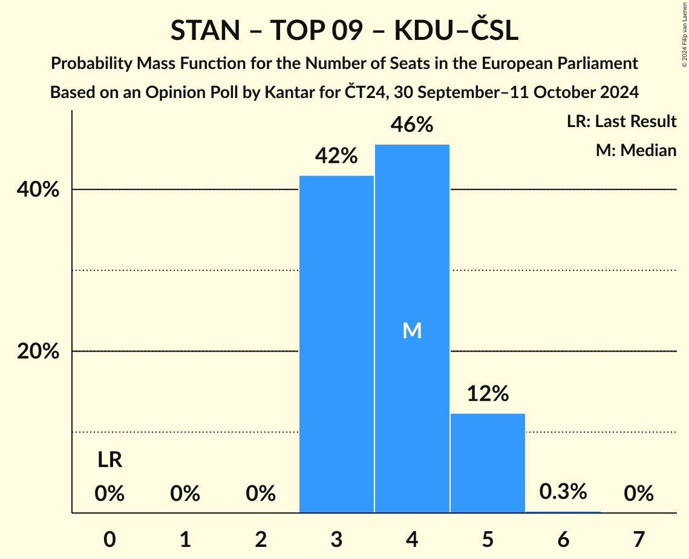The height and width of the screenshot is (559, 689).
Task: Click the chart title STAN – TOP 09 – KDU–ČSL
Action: click(344, 30)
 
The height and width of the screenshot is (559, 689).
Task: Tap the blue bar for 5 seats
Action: click(488, 463)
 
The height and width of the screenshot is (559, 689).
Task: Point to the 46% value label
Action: click(412, 125)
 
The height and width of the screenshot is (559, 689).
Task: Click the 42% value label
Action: click(336, 157)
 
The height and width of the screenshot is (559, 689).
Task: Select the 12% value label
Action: click(488, 394)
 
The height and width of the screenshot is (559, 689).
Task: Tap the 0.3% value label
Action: click(563, 492)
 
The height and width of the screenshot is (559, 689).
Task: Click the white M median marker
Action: click(412, 330)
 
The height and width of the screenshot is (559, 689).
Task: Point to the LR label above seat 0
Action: click(109, 461)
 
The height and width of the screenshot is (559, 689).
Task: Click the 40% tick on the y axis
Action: click(38, 190)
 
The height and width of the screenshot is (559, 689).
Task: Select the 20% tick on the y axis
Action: click(38, 351)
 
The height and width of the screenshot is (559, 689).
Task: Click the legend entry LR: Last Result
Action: click(621, 122)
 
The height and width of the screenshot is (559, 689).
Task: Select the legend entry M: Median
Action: click(636, 150)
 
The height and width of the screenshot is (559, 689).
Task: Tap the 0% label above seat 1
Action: click(185, 494)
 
